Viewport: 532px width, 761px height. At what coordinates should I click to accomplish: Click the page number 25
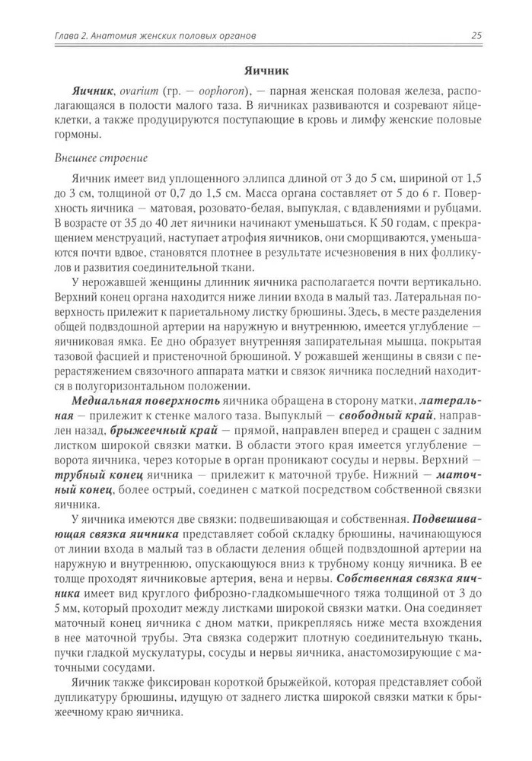[477, 35]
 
